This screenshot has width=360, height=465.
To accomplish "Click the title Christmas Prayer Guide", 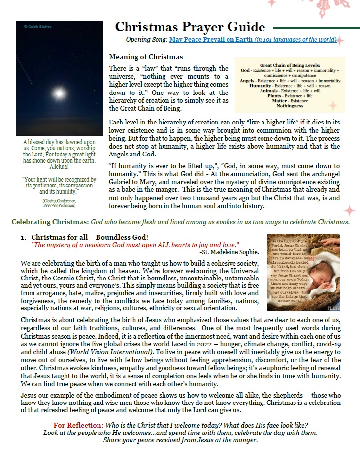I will pyautogui.click(x=190, y=27).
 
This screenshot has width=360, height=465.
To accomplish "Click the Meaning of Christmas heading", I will pyautogui.click(x=146, y=57).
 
